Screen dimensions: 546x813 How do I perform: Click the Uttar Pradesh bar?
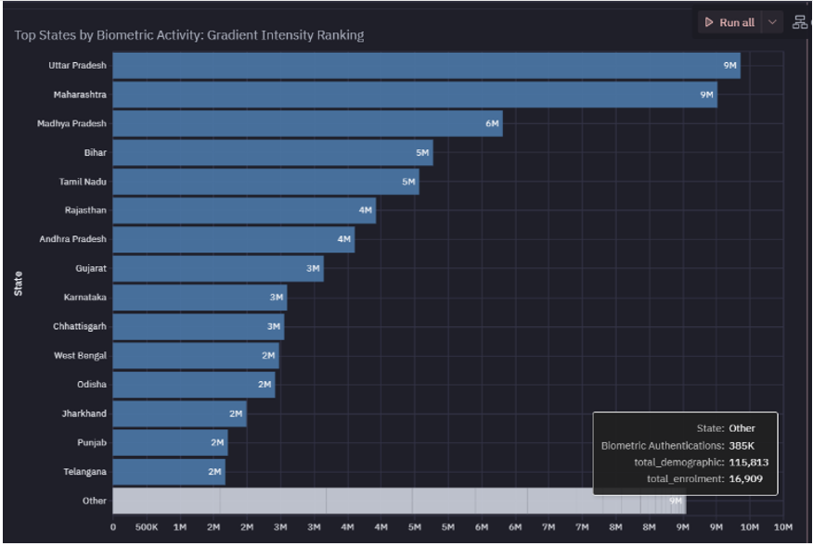tap(426, 66)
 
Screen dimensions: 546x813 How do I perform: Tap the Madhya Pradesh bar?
tap(307, 123)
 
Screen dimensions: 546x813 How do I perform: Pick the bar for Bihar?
tap(273, 152)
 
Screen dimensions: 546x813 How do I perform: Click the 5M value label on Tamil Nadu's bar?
tap(408, 182)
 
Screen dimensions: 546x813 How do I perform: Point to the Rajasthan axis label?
tap(85, 210)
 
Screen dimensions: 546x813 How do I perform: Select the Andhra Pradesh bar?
tap(233, 239)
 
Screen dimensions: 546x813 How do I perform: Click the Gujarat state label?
tap(91, 268)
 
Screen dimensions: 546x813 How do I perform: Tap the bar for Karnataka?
tap(200, 298)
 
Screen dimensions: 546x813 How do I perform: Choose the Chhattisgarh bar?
tap(199, 326)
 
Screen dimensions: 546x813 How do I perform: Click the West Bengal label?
tap(80, 355)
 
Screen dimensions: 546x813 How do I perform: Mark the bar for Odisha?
tap(193, 385)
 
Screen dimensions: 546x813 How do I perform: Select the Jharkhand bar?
tap(179, 413)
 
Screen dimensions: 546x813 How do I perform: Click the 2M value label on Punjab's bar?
tap(217, 443)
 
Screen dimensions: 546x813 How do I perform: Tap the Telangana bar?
tap(169, 472)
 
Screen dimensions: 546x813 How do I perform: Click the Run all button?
tap(729, 22)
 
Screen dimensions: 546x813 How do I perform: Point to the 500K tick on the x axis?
tap(146, 528)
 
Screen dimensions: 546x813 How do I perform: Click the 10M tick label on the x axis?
tap(782, 528)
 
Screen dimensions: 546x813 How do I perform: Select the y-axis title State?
tap(19, 283)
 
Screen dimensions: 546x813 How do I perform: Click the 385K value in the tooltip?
tap(742, 445)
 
